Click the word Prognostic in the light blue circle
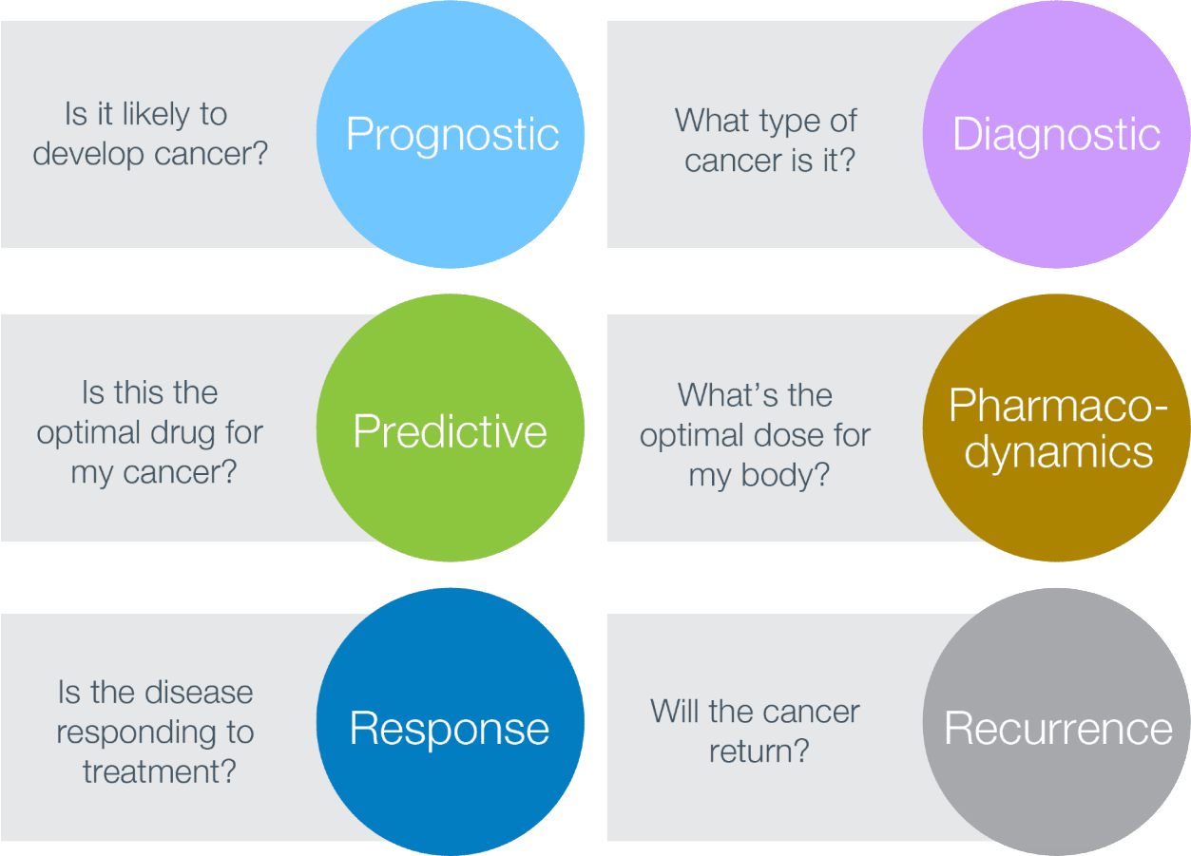click(x=451, y=134)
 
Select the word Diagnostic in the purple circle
click(x=1056, y=134)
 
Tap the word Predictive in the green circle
click(x=450, y=431)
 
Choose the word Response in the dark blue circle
click(x=450, y=729)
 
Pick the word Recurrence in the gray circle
click(x=1058, y=729)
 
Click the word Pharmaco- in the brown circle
click(x=1058, y=406)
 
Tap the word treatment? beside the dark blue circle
click(x=159, y=770)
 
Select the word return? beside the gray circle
click(x=759, y=751)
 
